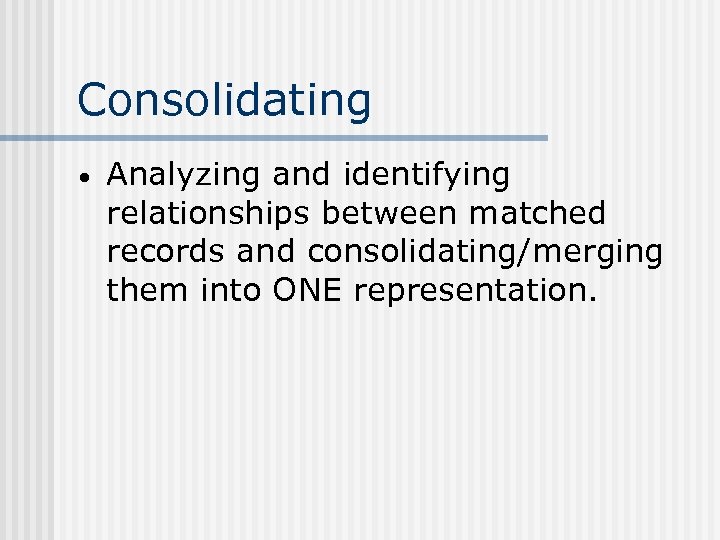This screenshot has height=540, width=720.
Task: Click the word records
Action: pyautogui.click(x=166, y=252)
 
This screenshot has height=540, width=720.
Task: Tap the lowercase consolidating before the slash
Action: pyautogui.click(x=413, y=253)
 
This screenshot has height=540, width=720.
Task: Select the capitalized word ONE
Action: pyautogui.click(x=304, y=291)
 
